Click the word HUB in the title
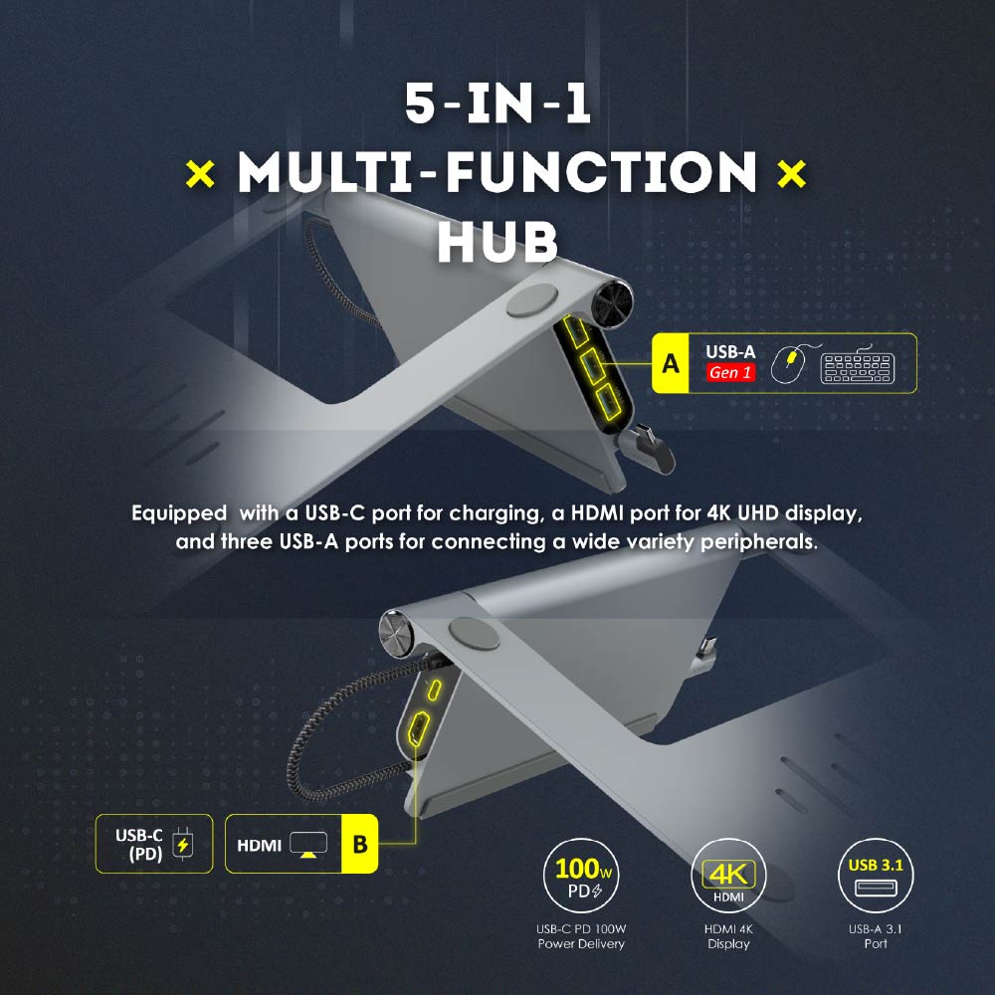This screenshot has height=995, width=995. pos(497,242)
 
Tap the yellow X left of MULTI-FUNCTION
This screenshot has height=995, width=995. pos(201,173)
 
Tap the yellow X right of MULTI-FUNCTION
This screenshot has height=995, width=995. pos(791,173)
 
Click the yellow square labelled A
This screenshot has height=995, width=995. pos(670,363)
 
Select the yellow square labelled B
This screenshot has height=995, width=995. pos(360,844)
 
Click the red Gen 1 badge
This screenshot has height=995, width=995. pos(730,372)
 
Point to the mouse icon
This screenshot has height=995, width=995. pos(789,363)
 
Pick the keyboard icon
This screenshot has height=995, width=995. pos(858,365)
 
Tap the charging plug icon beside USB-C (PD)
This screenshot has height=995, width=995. pos(183,845)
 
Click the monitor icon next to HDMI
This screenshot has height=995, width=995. pos(308,845)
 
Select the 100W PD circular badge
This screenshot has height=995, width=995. pos(581,876)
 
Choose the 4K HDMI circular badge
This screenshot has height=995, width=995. pos(728,876)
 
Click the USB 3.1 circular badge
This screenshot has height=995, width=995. pos(876,876)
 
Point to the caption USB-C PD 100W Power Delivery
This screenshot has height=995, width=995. pos(581,936)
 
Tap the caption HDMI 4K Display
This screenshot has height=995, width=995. pos(728,936)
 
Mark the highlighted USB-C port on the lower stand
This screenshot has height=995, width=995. pos(434,690)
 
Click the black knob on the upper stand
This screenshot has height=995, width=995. pos(612,303)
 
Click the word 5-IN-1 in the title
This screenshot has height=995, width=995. pos(497,103)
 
